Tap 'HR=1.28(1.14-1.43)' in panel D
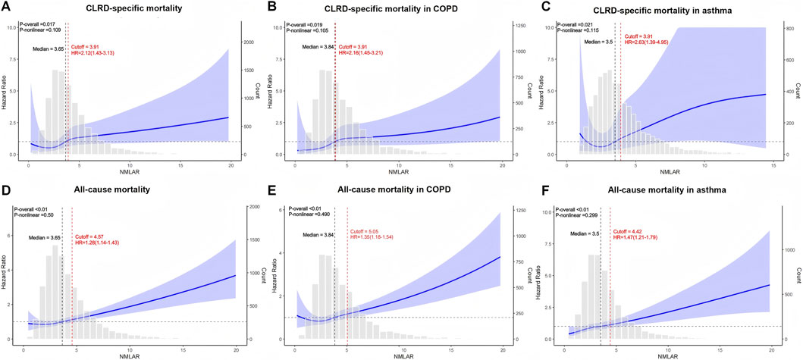coord(100,243)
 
